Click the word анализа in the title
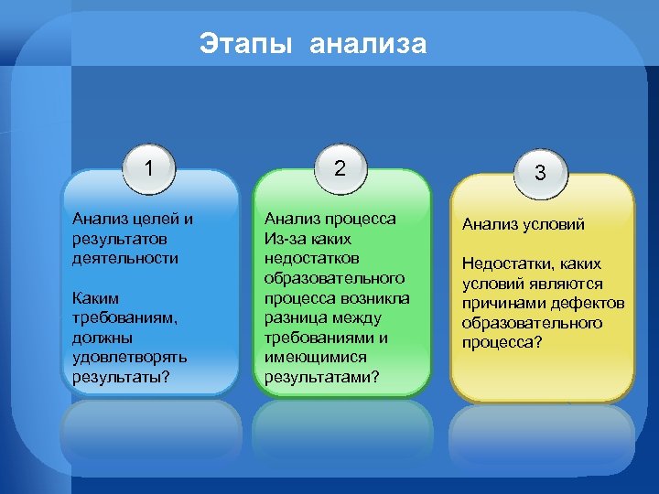coord(368,43)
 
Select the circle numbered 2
coord(340,168)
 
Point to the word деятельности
coord(125,259)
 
